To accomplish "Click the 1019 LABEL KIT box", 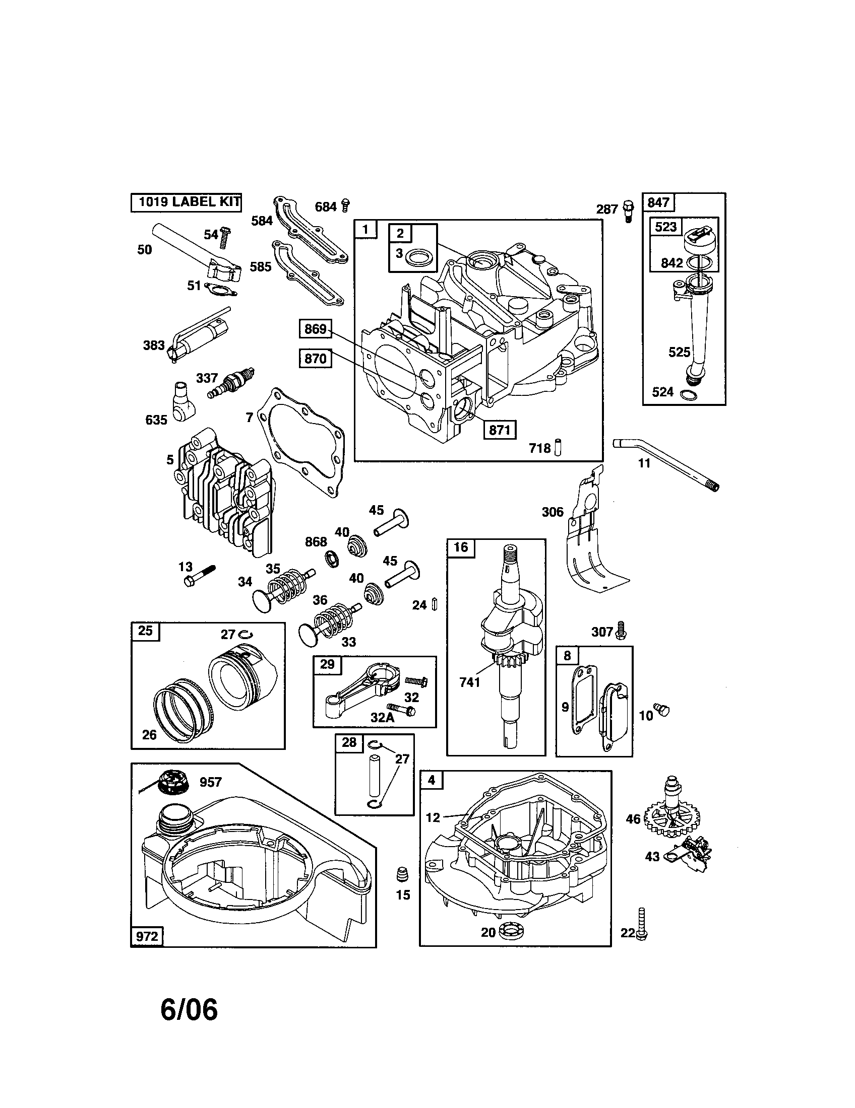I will [x=186, y=202].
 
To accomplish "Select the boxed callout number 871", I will [x=499, y=430].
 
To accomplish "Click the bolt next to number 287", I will [x=629, y=212].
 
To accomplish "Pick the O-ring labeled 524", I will [x=688, y=394].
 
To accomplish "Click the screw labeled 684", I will [x=346, y=205].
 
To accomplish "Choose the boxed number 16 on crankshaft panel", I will [x=460, y=547].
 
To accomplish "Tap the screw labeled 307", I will [x=620, y=630].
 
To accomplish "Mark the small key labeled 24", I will [x=435, y=604].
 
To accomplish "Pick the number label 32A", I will [x=382, y=717].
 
